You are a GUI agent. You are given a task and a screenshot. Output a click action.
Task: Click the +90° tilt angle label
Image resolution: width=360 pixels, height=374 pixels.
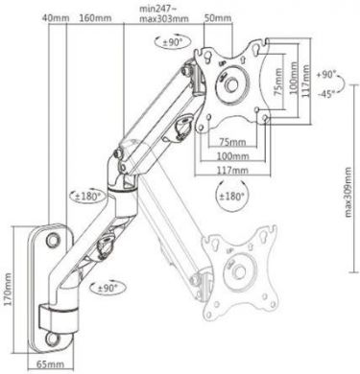[x=326, y=73]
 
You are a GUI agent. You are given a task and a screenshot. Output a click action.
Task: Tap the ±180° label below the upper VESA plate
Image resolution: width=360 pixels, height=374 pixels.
[x=232, y=197]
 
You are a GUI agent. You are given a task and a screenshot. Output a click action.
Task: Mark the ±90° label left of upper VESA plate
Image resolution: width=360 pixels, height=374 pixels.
[x=174, y=43]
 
